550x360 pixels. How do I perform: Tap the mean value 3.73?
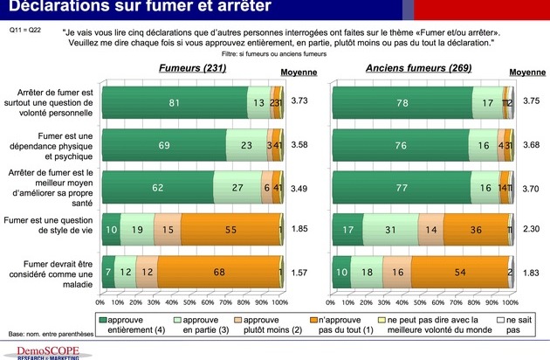point(299,101)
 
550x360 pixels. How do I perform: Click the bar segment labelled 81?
point(175,102)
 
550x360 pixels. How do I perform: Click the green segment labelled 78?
point(401,102)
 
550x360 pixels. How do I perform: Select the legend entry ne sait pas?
point(513,324)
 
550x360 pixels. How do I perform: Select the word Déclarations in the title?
point(52,8)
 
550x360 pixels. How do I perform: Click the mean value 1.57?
point(299,271)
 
